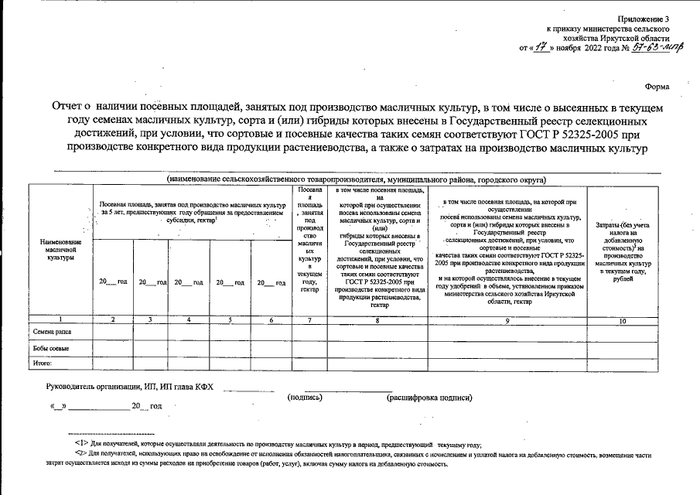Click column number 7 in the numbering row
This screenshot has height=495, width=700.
pos(308,319)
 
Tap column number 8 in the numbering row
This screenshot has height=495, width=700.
pos(376,319)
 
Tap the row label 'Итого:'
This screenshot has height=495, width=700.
pos(41,361)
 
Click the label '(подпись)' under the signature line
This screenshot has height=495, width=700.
pos(304,397)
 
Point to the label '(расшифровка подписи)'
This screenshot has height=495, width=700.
pos(429,397)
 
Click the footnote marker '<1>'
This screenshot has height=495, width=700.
pos(73,445)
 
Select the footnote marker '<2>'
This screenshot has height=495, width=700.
pos(73,455)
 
